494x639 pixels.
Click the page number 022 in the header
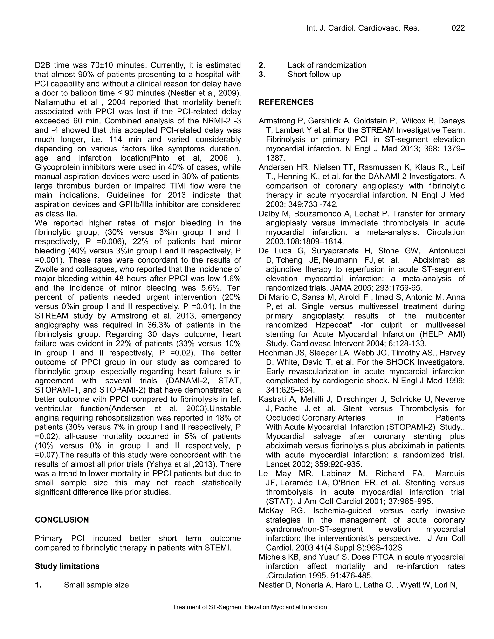(x=458, y=28)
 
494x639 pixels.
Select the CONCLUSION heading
(x=62, y=520)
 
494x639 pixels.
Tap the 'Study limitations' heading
(x=67, y=566)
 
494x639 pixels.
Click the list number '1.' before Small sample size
(x=38, y=585)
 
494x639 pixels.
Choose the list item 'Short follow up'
(x=314, y=74)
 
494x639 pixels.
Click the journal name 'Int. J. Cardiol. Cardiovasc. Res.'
(x=363, y=28)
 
